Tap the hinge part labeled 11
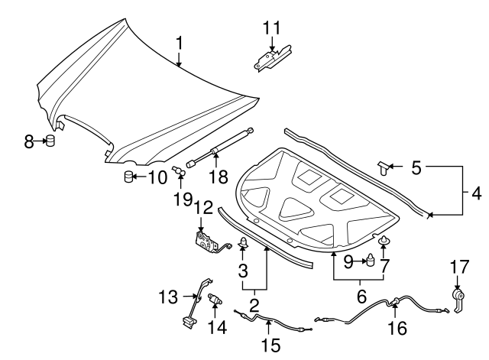(x=273, y=59)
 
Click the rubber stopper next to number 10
(x=129, y=178)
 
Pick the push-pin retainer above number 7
(x=384, y=243)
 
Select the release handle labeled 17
(x=458, y=298)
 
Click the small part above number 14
(x=215, y=300)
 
